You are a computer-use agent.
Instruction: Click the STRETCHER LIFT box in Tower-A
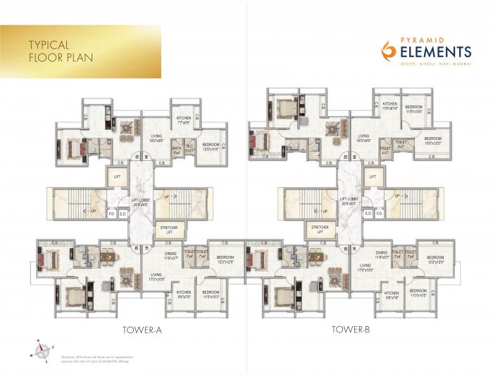[x=168, y=231]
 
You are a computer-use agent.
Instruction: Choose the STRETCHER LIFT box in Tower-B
[x=319, y=231]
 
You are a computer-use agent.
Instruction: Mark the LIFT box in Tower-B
[x=372, y=177]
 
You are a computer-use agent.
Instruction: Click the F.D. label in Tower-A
[x=111, y=214]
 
